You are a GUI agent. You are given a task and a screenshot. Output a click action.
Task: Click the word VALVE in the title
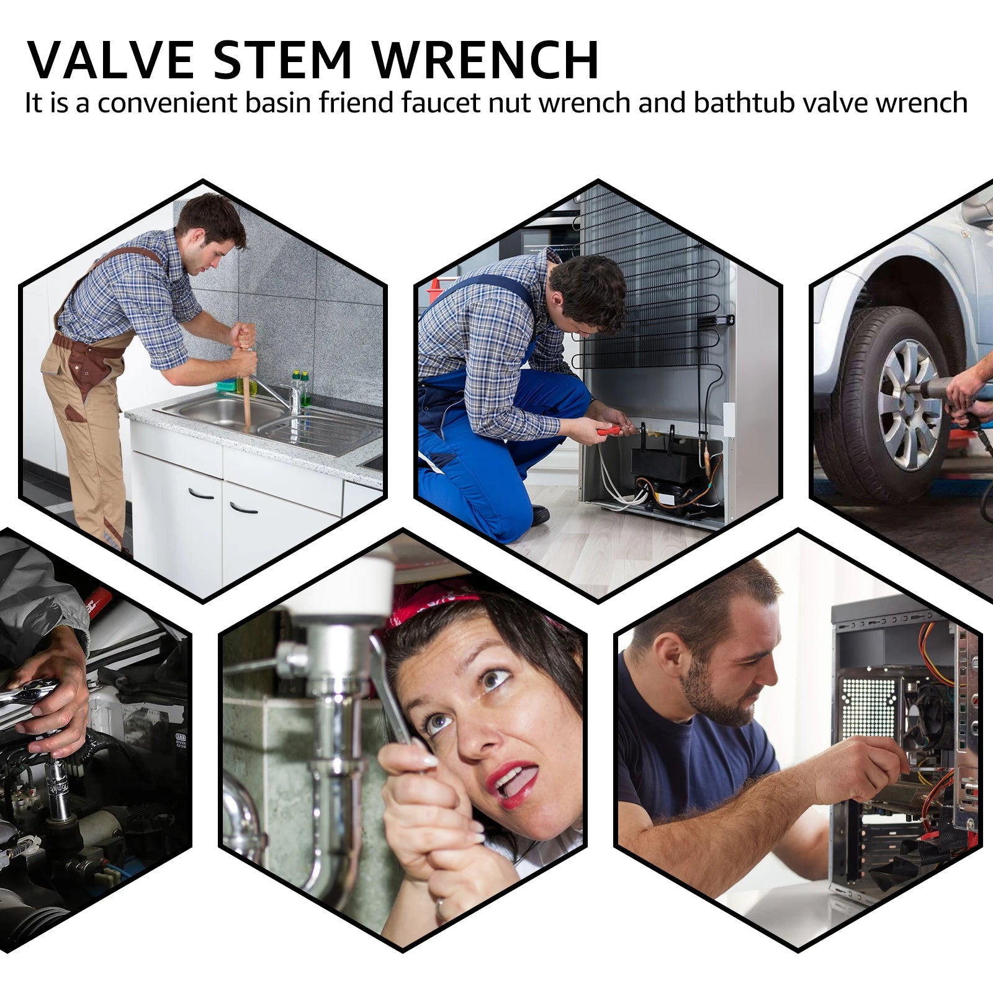[x=110, y=60]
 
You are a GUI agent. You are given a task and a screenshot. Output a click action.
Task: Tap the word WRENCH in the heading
[x=485, y=60]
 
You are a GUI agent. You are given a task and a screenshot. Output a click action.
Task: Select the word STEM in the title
[x=283, y=60]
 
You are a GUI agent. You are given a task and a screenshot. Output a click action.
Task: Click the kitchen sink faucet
[x=279, y=394]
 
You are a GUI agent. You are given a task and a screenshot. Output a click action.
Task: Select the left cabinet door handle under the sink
[x=201, y=495]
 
